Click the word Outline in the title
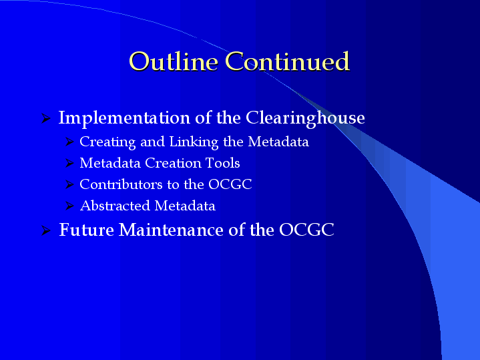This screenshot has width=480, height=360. (x=174, y=61)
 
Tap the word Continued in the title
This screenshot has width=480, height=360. (x=287, y=61)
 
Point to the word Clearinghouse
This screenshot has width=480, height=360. (x=305, y=118)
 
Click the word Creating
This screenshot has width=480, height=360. (x=107, y=142)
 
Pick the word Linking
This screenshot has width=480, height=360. (x=194, y=142)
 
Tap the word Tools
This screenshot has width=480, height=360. (x=222, y=163)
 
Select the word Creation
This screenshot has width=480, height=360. (x=174, y=163)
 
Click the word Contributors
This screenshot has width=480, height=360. (x=121, y=184)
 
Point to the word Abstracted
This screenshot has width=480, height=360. (x=115, y=206)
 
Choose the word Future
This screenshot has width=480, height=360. (x=86, y=230)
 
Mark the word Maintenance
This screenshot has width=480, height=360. (x=171, y=230)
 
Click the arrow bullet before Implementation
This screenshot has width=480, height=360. (x=45, y=118)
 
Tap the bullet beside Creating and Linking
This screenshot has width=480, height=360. (x=70, y=142)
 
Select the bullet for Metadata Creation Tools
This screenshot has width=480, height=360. (x=70, y=163)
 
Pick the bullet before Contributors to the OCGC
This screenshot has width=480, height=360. (x=70, y=184)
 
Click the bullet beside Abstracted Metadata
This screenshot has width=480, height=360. (x=70, y=206)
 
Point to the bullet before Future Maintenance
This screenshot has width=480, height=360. (x=45, y=230)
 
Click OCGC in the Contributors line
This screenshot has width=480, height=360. (x=230, y=184)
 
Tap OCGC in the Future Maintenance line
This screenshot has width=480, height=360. (x=306, y=230)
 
